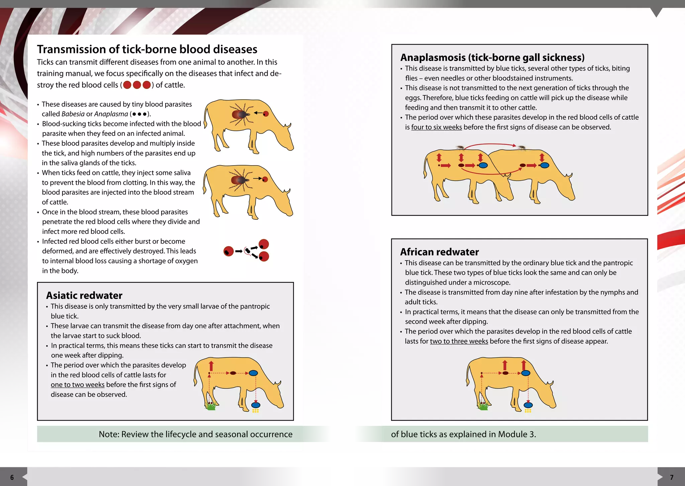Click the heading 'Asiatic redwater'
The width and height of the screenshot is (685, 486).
pyautogui.click(x=84, y=295)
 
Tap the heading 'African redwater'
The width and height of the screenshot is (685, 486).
pyautogui.click(x=439, y=252)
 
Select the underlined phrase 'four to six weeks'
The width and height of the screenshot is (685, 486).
pyautogui.click(x=436, y=127)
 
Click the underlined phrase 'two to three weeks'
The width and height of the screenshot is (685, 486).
pyautogui.click(x=459, y=341)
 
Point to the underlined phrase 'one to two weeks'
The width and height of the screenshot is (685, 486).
pyautogui.click(x=78, y=385)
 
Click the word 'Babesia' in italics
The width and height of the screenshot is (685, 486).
pyautogui.click(x=73, y=114)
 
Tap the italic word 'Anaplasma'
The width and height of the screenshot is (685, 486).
pyautogui.click(x=111, y=114)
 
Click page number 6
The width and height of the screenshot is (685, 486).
pyautogui.click(x=12, y=477)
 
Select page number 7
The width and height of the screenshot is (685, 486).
pyautogui.click(x=672, y=477)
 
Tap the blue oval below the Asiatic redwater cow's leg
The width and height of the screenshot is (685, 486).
pyautogui.click(x=256, y=405)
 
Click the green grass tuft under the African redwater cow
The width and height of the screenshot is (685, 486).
pyautogui.click(x=483, y=407)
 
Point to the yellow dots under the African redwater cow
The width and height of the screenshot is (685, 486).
pyautogui.click(x=528, y=411)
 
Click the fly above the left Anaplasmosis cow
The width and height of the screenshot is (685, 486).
pyautogui.click(x=460, y=147)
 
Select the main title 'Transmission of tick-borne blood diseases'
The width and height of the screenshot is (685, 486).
pyautogui.click(x=147, y=50)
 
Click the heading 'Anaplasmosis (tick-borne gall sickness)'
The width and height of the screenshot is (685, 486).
pyautogui.click(x=492, y=58)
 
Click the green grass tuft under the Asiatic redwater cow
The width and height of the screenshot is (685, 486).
pyautogui.click(x=211, y=407)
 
